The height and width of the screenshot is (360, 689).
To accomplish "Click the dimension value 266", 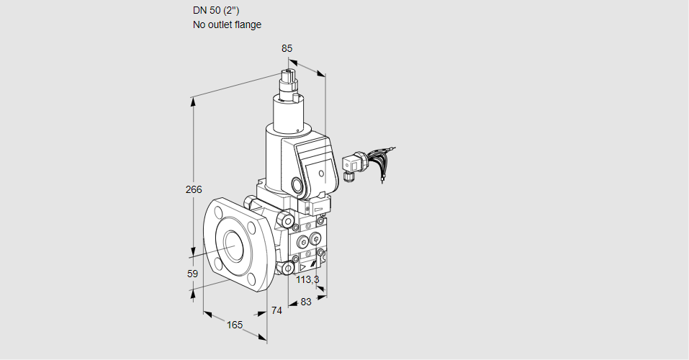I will point(194,190).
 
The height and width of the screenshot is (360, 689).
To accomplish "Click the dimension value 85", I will point(287,48).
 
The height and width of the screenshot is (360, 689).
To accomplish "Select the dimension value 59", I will point(192,274).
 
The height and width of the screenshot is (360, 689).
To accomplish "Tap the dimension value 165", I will point(235,325).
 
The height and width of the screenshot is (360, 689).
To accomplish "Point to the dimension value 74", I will point(276,310).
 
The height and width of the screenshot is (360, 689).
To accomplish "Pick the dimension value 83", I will point(305,302).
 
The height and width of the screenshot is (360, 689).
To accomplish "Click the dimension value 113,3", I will point(307,279).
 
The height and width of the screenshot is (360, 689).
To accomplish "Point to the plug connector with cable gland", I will point(352,164).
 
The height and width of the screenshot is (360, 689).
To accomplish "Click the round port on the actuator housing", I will point(298,185).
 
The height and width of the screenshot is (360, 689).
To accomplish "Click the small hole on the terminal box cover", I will point(321,173).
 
